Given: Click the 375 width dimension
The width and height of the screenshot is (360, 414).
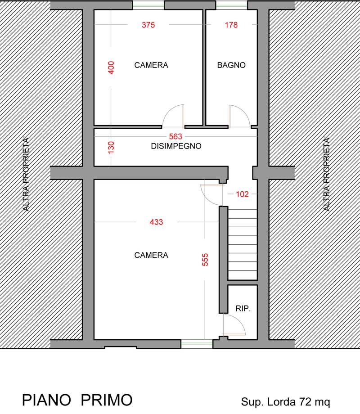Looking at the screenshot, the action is click(148, 25).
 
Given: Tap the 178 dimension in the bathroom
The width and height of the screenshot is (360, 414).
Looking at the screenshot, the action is click(231, 25).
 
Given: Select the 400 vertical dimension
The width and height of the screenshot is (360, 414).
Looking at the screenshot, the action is click(111, 67).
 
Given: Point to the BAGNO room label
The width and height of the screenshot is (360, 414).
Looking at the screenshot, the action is click(231, 65).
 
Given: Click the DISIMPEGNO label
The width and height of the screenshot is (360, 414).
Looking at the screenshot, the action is click(176, 146).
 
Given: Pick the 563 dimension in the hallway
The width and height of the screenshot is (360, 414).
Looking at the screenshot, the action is click(175, 136).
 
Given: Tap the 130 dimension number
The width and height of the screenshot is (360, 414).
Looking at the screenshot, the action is click(111, 147).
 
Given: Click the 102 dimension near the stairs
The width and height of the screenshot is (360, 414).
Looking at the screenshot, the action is click(242, 194).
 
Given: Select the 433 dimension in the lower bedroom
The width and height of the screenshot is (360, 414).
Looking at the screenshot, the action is click(156, 222).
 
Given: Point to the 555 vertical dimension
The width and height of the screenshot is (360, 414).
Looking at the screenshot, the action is click(205, 260).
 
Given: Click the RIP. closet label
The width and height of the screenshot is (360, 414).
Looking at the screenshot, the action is click(243, 308).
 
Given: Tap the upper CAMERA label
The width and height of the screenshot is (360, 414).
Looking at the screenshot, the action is click(151, 65).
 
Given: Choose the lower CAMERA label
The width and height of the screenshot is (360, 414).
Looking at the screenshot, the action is click(151, 255).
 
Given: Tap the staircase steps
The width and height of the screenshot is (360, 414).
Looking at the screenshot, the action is click(243, 244).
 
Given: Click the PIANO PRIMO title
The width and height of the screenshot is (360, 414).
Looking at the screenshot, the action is click(77, 400).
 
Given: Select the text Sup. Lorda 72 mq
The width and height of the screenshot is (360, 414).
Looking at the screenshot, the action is click(285, 402).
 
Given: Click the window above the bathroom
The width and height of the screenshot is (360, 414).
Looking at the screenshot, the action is click(232, 5).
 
